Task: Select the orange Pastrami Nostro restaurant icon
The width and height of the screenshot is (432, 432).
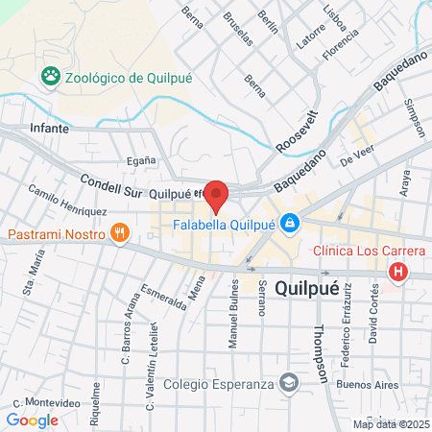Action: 120,233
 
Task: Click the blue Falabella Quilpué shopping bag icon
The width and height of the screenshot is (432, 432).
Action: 292,226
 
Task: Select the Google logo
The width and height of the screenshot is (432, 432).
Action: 32,420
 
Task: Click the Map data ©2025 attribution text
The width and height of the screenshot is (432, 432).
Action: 392,424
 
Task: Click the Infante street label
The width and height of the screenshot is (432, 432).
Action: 50,126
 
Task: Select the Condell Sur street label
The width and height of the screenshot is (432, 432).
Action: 109,190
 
